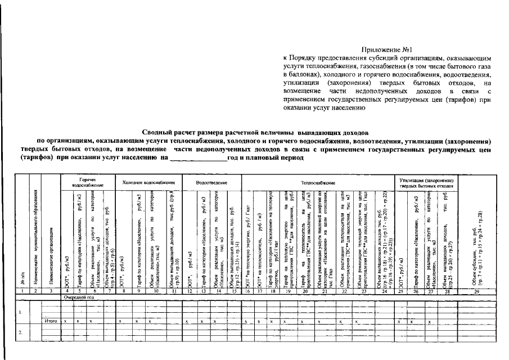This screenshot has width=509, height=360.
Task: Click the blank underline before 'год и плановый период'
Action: (x=197, y=159)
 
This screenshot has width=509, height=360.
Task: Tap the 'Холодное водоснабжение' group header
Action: (x=148, y=182)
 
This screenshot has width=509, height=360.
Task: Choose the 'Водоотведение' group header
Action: (x=212, y=182)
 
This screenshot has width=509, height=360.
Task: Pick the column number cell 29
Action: (x=478, y=290)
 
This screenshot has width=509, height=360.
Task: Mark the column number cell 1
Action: (x=21, y=290)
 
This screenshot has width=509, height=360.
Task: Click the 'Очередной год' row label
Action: (x=79, y=296)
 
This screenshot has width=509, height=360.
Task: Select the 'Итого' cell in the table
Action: (x=51, y=321)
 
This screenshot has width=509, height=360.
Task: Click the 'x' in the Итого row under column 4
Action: (x=66, y=321)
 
